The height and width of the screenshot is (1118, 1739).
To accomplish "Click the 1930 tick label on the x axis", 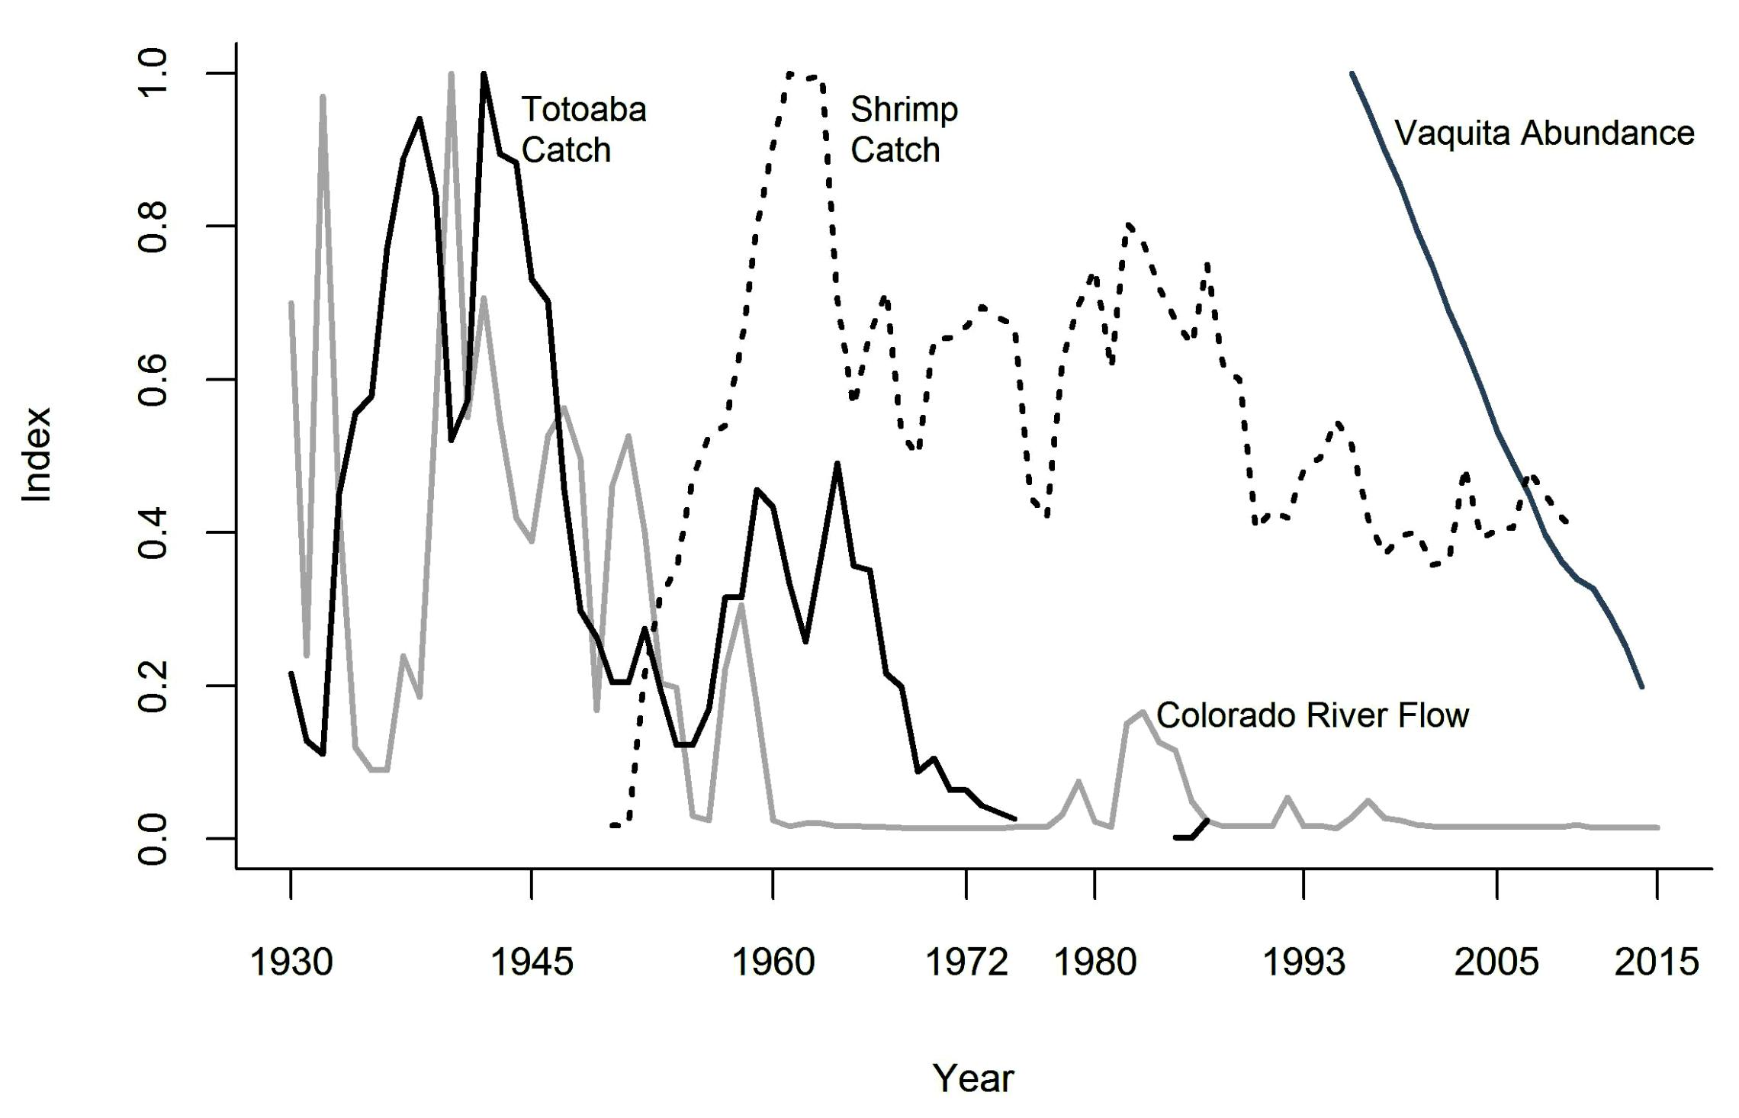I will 291,962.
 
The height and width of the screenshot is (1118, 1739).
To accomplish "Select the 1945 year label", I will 532,962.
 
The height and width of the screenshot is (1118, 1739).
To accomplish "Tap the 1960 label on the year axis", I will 773,962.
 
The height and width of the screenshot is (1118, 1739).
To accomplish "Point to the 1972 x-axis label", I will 966,962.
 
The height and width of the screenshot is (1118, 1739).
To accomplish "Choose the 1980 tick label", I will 1095,962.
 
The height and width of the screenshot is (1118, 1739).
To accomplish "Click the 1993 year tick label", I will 1304,962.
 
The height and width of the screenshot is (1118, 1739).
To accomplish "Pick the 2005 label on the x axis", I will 1496,962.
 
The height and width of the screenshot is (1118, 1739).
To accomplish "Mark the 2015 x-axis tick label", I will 1657,962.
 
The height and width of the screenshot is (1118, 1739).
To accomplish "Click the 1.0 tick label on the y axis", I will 153,73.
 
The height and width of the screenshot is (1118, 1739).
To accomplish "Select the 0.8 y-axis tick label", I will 153,226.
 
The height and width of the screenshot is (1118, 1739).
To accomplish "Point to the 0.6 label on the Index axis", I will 153,380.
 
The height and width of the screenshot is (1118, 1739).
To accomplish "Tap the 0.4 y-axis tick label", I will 153,532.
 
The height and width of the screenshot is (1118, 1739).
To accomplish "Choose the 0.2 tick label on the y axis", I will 153,686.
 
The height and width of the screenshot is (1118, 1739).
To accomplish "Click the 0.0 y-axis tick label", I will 153,839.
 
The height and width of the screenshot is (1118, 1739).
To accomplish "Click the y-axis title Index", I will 37,455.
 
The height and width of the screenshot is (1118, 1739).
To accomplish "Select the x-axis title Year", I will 973,1078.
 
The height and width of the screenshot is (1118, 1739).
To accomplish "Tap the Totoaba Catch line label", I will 583,130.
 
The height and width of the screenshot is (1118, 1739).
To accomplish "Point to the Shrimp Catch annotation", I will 904,130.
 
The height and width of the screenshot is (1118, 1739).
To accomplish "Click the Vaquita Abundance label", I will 1545,133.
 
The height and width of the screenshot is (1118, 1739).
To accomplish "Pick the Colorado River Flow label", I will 1313,715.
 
